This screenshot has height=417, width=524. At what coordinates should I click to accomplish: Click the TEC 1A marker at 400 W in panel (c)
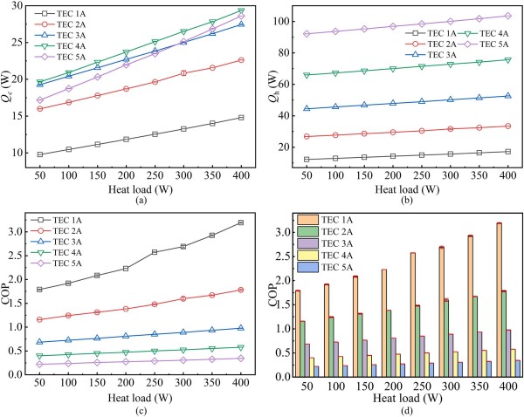[240, 222]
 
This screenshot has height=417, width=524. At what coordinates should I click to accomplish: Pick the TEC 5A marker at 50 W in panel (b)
[306, 34]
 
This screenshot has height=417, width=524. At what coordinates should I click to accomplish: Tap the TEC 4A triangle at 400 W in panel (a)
[240, 10]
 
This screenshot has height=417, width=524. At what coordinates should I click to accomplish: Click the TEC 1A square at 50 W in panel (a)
[40, 154]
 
